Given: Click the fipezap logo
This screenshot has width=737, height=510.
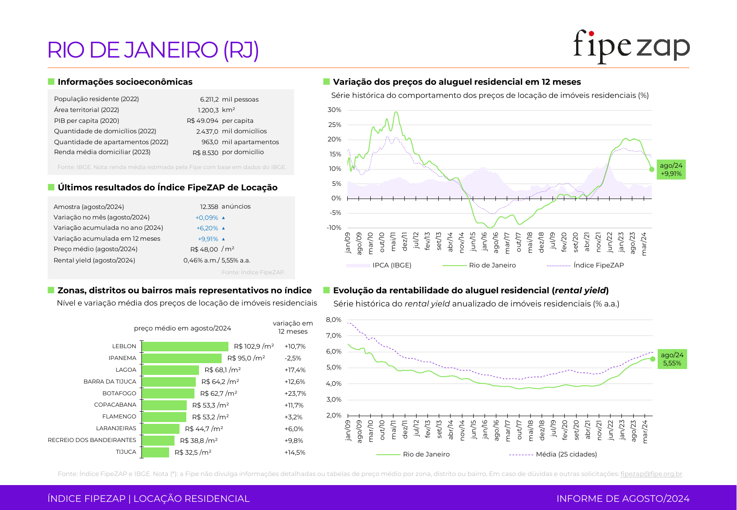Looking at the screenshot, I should [x=631, y=46].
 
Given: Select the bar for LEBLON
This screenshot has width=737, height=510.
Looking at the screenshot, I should [x=185, y=346].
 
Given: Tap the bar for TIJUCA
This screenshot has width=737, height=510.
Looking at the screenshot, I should [x=155, y=452].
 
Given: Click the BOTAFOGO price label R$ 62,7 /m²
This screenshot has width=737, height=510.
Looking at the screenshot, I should [x=218, y=393].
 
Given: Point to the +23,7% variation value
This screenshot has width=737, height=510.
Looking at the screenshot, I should [x=295, y=393].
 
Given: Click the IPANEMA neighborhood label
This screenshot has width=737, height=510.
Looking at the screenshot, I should [x=122, y=358].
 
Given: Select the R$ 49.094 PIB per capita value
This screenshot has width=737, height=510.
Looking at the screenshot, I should [x=202, y=121].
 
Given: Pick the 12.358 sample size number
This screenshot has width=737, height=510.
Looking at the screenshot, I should [x=209, y=207].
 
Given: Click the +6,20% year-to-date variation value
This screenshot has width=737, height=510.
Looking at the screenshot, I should [x=207, y=228].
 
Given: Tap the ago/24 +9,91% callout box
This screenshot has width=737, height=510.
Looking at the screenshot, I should [x=671, y=170].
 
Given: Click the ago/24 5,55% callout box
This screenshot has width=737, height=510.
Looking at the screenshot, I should [x=672, y=359].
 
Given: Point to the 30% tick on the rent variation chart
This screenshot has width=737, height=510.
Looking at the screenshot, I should [x=335, y=110].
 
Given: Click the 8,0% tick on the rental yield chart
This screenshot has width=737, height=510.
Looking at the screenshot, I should [x=334, y=320].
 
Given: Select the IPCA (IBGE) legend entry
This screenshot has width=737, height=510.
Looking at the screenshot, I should [x=392, y=265].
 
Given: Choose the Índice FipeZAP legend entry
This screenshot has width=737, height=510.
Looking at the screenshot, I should [x=598, y=265].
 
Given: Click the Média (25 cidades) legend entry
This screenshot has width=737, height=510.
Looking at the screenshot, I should [x=566, y=454].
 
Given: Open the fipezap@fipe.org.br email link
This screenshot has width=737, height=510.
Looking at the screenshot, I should [x=651, y=474].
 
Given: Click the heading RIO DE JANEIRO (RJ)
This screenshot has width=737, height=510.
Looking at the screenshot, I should [x=153, y=50].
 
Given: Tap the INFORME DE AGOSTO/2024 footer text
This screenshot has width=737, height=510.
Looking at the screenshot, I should [x=623, y=499].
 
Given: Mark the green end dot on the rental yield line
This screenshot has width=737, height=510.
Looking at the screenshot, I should [x=653, y=359].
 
